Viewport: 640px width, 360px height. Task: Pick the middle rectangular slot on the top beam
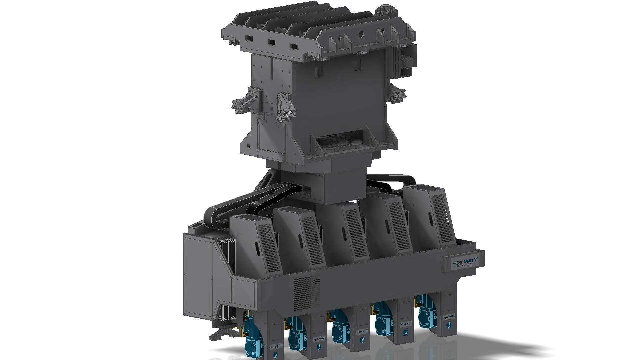tap(272, 43)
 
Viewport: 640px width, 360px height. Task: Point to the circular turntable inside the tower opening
tap(338, 144)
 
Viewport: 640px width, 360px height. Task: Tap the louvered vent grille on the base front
tap(307, 293)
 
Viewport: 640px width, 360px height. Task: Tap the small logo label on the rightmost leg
tap(450, 316)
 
